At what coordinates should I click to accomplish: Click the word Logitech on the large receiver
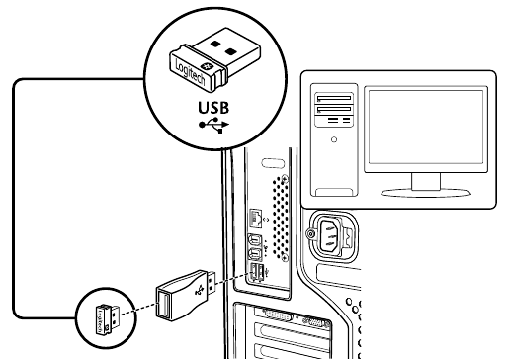click(x=190, y=71)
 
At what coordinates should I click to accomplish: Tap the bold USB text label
click(x=213, y=108)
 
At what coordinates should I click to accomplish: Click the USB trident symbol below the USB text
click(x=214, y=126)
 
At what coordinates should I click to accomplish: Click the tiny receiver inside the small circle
click(x=108, y=319)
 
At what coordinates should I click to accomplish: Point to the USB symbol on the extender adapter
click(x=200, y=291)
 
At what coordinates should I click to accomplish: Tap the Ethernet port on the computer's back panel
click(x=256, y=218)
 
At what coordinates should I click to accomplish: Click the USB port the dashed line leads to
click(x=253, y=273)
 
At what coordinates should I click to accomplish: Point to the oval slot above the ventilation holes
click(x=273, y=163)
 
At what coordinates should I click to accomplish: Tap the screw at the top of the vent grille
click(x=285, y=179)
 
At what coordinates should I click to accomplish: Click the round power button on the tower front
click(x=334, y=139)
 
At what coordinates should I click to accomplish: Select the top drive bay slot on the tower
click(x=334, y=98)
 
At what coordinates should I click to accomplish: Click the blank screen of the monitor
click(x=426, y=127)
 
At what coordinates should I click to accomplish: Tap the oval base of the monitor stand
click(x=426, y=193)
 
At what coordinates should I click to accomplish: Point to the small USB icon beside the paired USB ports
click(x=267, y=272)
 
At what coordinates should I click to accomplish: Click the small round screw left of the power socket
click(x=310, y=234)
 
